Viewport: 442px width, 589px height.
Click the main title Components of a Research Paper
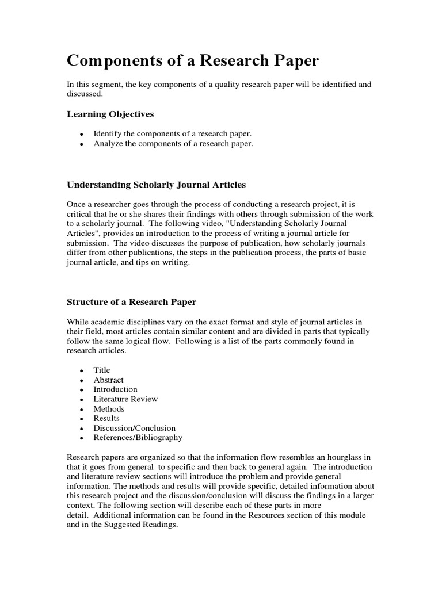pyautogui.click(x=193, y=61)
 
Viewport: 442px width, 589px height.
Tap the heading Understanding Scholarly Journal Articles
pyautogui.click(x=156, y=185)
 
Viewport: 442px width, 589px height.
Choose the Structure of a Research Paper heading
pyautogui.click(x=132, y=301)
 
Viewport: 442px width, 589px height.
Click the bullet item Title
pyautogui.click(x=102, y=370)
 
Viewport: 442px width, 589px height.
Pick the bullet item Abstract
pyautogui.click(x=109, y=380)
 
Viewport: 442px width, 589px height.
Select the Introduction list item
pyautogui.click(x=116, y=389)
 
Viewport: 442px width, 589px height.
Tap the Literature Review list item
pyautogui.click(x=125, y=399)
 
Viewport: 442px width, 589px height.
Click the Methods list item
pyautogui.click(x=109, y=409)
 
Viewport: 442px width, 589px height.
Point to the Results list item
pyautogui.click(x=107, y=418)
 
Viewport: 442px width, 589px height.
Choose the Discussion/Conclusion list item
pyautogui.click(x=135, y=428)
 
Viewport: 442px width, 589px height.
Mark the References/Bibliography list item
pyautogui.click(x=138, y=438)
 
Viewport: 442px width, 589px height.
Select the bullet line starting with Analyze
pyautogui.click(x=173, y=143)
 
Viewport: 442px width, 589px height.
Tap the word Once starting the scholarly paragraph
pyautogui.click(x=77, y=204)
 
